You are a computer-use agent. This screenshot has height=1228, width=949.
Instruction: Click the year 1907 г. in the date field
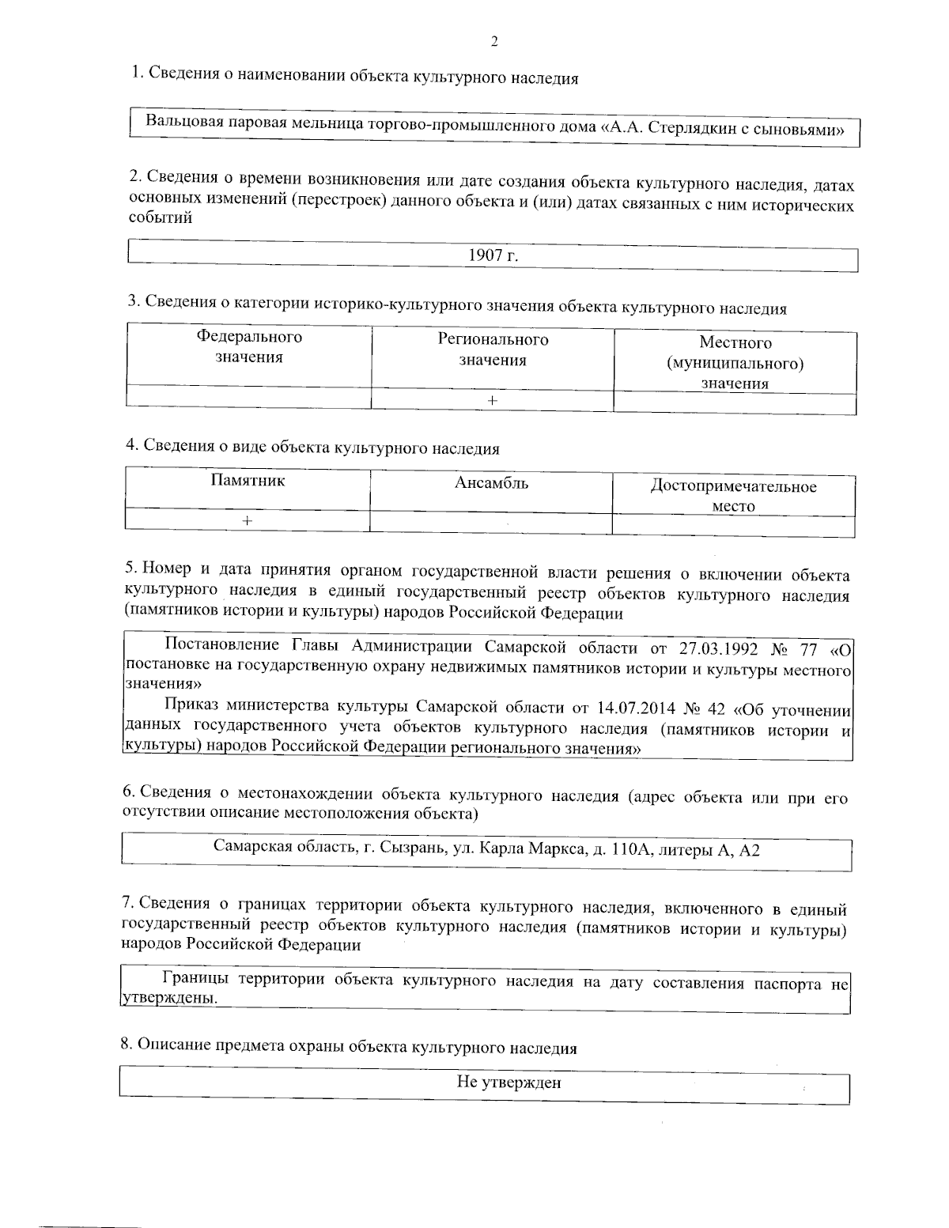[493, 255]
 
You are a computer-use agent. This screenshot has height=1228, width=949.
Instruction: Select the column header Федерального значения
[249, 347]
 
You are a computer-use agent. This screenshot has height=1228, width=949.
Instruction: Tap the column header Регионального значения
[493, 350]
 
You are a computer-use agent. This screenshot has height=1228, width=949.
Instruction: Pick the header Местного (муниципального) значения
[735, 363]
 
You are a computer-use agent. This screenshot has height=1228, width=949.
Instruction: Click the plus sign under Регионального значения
[493, 401]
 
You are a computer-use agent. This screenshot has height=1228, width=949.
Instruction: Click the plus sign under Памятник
[248, 521]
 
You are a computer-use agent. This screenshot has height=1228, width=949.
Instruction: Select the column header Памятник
[248, 480]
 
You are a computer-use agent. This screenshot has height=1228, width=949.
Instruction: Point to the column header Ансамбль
[491, 483]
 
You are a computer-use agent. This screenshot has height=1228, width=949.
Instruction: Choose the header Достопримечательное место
[733, 496]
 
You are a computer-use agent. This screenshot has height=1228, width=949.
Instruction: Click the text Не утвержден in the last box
[509, 1083]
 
